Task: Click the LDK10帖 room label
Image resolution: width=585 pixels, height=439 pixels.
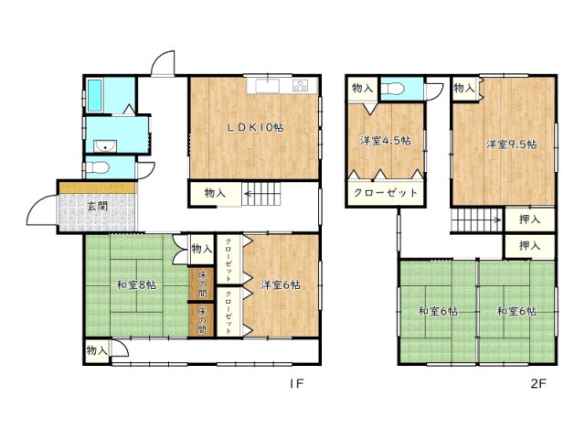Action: tap(256, 128)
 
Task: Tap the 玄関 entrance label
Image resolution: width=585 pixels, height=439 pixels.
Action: tap(98, 206)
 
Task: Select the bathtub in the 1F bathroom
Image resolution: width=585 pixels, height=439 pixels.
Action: tap(94, 95)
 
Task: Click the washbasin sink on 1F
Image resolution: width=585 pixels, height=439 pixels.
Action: tap(105, 146)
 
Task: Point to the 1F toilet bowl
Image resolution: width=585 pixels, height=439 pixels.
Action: tap(98, 167)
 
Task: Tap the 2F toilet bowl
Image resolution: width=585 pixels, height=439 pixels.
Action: tap(392, 90)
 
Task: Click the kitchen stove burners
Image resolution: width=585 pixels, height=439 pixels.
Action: tap(301, 85)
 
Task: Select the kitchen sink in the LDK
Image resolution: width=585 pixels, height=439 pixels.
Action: tap(267, 85)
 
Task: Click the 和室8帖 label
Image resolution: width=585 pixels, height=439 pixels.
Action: tap(136, 285)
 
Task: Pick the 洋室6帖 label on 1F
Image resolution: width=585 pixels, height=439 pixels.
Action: tap(281, 285)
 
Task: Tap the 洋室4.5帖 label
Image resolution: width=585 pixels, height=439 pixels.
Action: tap(386, 141)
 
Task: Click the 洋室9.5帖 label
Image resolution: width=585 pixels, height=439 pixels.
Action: tap(512, 145)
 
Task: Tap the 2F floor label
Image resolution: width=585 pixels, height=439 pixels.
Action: tap(538, 384)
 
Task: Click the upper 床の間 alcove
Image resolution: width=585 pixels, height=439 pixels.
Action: tap(201, 284)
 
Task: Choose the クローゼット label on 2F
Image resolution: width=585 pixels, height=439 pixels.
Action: tap(386, 193)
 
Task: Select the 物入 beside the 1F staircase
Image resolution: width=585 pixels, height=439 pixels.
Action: tap(215, 193)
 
